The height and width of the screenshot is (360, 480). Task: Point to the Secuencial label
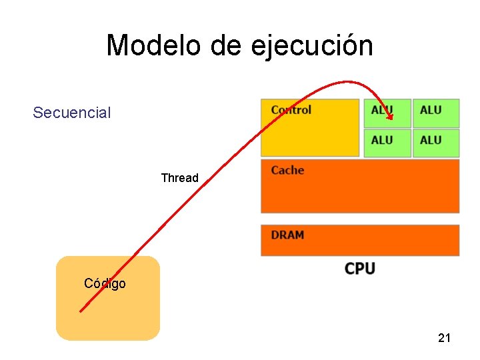[72, 113]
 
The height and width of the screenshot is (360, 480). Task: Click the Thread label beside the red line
[179, 178]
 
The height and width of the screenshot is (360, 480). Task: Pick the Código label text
[105, 283]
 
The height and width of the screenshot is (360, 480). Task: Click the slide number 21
[444, 338]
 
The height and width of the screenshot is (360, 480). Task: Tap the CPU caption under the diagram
[360, 268]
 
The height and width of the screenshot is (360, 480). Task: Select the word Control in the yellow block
[291, 110]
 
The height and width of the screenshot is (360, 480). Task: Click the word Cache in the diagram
[287, 171]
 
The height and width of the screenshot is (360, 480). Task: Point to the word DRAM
[287, 235]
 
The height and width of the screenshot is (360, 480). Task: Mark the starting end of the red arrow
[81, 310]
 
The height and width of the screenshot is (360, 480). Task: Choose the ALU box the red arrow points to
[387, 113]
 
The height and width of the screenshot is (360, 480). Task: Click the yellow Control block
[309, 133]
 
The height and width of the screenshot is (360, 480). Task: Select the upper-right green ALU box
[436, 113]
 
